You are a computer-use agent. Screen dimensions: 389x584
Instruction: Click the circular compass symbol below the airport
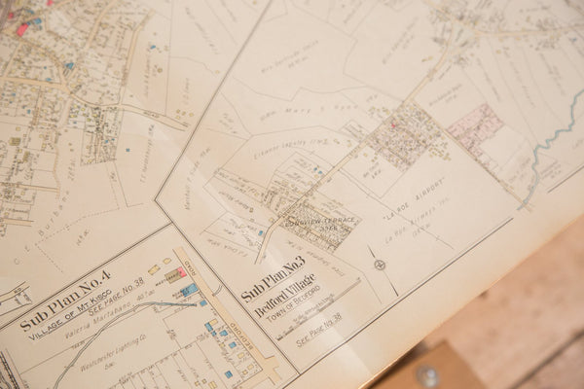pos(380,264)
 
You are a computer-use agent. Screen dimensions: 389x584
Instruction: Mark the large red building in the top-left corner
pos(21,29)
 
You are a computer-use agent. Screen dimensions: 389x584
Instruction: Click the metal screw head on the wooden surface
pos(427,375)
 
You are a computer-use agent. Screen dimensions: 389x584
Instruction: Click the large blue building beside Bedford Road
pos(189,290)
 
